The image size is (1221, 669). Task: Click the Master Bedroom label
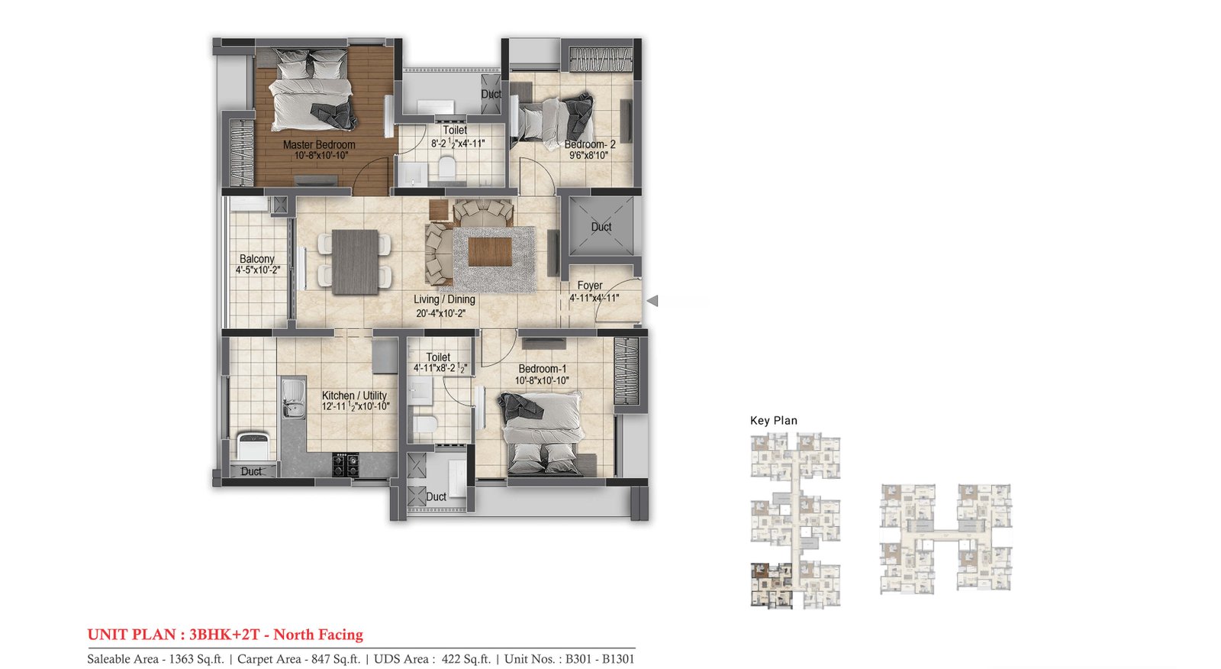319,144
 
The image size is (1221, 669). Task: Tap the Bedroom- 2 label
590,144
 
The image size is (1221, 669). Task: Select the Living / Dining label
444,299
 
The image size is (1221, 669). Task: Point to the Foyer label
590,286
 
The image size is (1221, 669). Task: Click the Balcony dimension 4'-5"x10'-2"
258,270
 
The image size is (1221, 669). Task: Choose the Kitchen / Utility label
354,396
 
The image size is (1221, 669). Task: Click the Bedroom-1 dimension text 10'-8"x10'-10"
542,380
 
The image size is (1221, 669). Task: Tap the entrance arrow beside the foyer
652,301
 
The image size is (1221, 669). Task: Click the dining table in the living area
355,262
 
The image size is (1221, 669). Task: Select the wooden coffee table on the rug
489,252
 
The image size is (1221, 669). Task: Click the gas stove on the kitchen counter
346,465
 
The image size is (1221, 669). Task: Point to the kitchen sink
293,399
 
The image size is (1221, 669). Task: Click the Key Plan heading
774,421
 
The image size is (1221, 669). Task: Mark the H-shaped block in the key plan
946,538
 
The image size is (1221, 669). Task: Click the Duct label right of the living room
601,227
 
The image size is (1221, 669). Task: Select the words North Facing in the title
318,635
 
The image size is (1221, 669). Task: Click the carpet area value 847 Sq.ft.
336,659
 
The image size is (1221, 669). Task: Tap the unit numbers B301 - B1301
600,659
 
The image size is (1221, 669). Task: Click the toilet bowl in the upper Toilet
447,168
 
